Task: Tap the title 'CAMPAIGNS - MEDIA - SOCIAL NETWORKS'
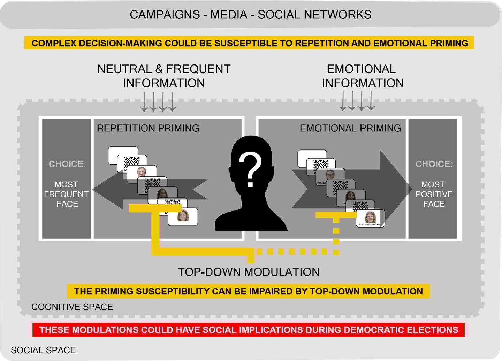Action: click(250, 15)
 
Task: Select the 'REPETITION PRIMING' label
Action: click(148, 128)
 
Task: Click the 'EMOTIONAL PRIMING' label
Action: click(350, 128)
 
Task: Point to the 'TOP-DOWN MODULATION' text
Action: click(249, 272)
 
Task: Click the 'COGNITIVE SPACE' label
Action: click(72, 307)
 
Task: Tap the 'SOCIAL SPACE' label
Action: click(43, 350)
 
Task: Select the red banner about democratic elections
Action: click(249, 330)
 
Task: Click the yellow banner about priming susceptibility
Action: click(248, 291)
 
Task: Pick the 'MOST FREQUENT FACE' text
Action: click(66, 194)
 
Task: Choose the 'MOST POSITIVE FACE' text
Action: click(434, 194)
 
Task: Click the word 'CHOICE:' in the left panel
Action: click(67, 164)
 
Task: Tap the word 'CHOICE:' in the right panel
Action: click(434, 164)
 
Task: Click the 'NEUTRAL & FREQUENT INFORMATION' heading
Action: click(164, 76)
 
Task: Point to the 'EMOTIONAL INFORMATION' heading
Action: click(362, 76)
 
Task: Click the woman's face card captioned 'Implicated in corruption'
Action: click(371, 218)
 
